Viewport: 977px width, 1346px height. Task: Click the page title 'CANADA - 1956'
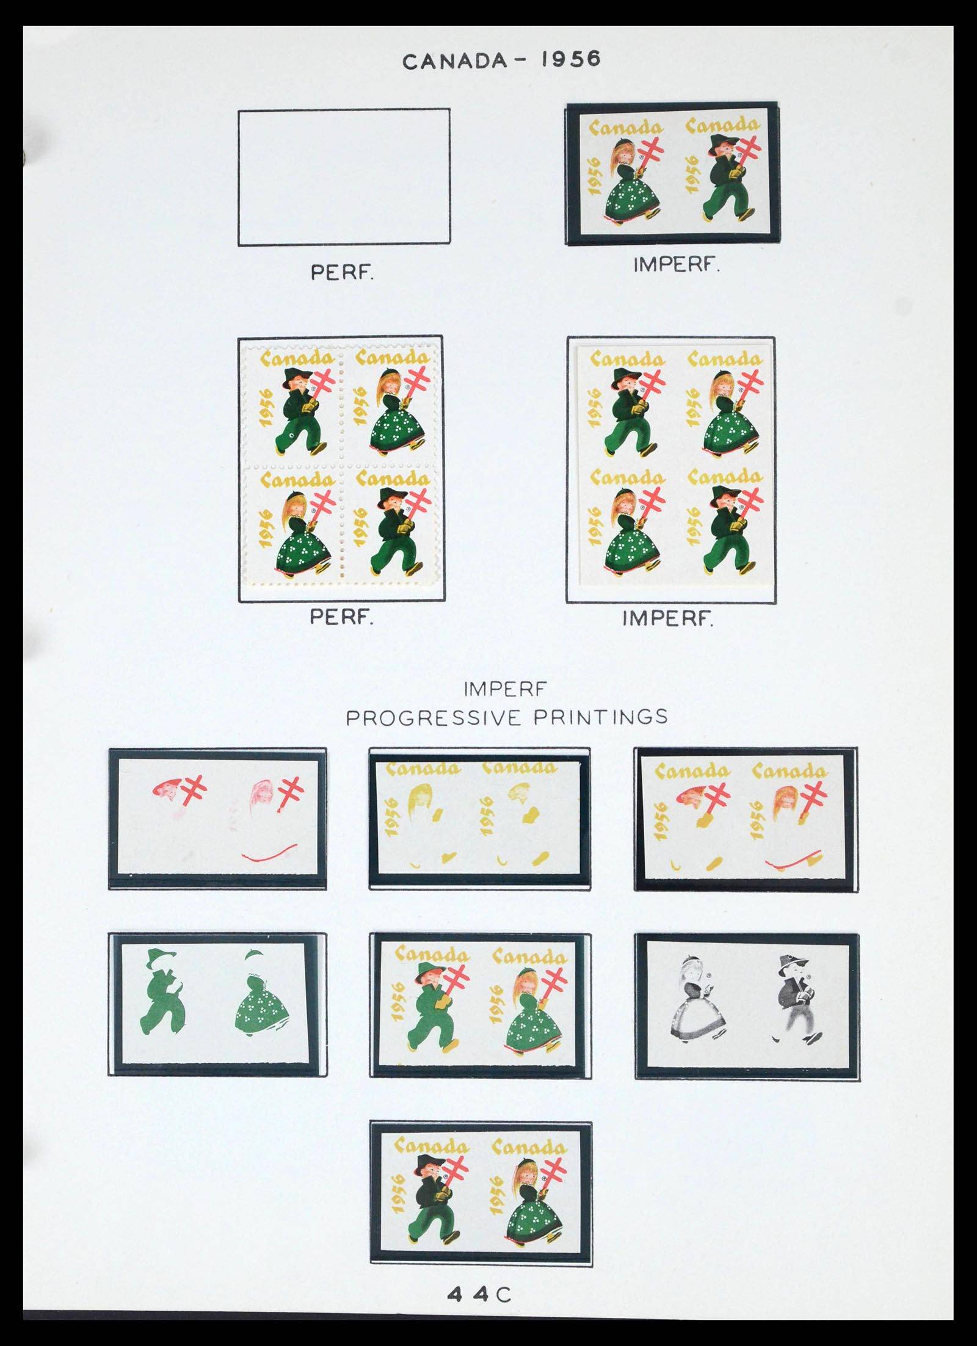pos(501,60)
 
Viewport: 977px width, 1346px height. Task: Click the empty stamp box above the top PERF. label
pos(344,177)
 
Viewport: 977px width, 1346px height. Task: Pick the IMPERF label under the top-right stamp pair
pos(675,266)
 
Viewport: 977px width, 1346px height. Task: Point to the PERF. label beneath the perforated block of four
pos(341,618)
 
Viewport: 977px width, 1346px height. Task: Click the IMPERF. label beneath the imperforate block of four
pos(667,619)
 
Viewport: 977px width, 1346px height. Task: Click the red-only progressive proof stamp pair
pos(217,819)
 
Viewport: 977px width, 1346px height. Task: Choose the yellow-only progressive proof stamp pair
pos(480,818)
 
